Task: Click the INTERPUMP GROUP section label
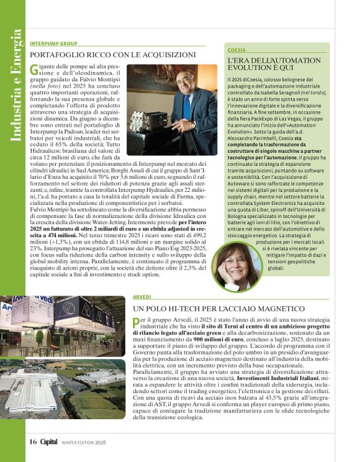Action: tap(53, 44)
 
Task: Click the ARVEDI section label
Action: tap(142, 298)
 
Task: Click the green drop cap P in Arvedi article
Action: tap(137, 322)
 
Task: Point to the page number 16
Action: tap(33, 442)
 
